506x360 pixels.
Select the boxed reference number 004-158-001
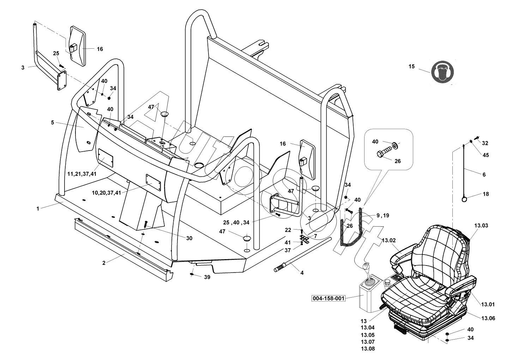(x=329, y=298)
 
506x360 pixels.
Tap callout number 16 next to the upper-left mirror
(x=100, y=49)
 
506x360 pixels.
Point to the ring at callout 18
(x=465, y=200)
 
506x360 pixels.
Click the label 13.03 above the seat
(x=481, y=225)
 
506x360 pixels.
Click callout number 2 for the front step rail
(x=104, y=263)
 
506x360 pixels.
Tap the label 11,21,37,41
(x=82, y=174)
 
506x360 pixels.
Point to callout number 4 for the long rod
(x=302, y=273)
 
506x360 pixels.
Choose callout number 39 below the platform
(x=207, y=277)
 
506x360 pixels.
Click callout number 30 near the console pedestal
(x=189, y=238)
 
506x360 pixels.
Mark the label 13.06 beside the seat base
(x=488, y=318)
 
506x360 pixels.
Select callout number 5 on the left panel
(x=52, y=122)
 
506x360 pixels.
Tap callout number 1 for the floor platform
(x=37, y=209)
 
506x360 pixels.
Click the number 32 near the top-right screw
(x=485, y=143)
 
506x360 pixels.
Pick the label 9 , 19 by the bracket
(x=382, y=215)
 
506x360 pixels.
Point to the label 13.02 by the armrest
(x=389, y=240)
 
